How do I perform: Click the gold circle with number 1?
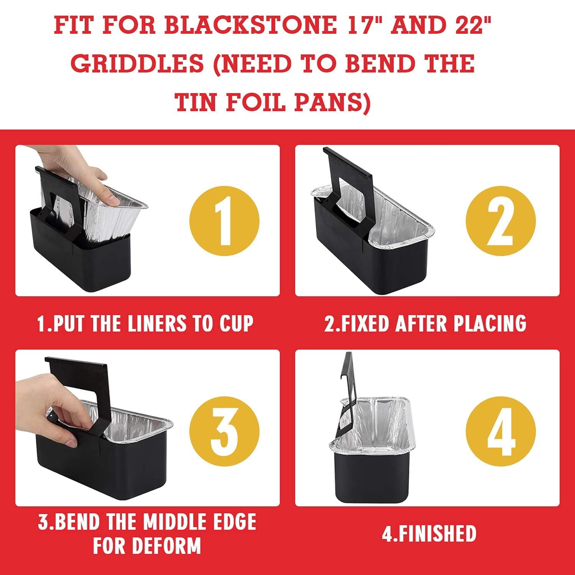pos(224,221)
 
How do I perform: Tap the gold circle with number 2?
pos(501,221)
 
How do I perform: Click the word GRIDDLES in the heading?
pos(137,64)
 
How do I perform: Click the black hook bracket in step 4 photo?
pos(347,387)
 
